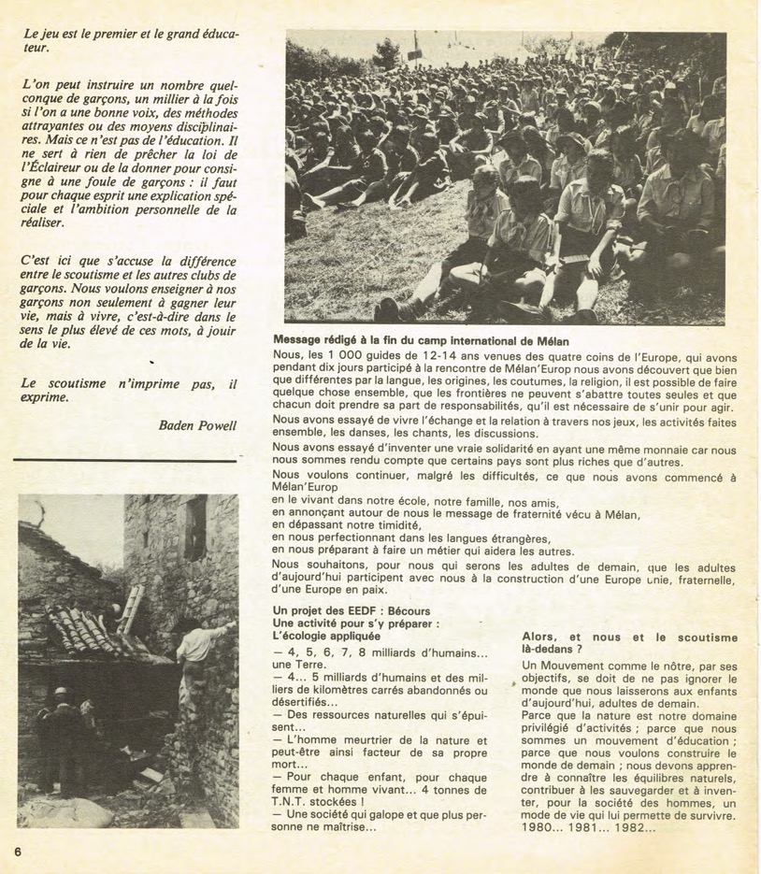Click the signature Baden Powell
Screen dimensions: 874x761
[x=198, y=426]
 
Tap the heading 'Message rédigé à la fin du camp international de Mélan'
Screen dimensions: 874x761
[x=434, y=340]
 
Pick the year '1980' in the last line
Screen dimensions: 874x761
[x=539, y=827]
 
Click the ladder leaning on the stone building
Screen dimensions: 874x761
[x=133, y=608]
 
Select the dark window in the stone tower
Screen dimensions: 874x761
[x=195, y=527]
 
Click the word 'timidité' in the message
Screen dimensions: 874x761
[x=396, y=525]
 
